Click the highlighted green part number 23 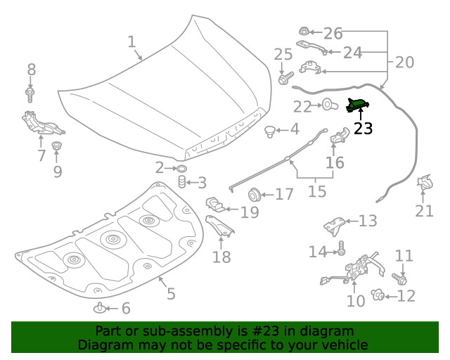coord(357,105)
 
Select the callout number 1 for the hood coord(131,42)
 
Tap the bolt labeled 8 coord(30,93)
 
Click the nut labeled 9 coord(57,146)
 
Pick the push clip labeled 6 coord(101,308)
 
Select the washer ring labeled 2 coord(181,168)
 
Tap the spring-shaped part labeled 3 coord(181,184)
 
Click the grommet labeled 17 coord(254,193)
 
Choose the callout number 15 coord(317,191)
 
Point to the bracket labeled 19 coord(216,205)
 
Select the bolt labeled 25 coord(283,79)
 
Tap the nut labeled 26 coord(304,32)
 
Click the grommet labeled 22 coord(327,106)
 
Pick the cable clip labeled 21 coord(425,184)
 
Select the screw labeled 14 coord(341,248)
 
